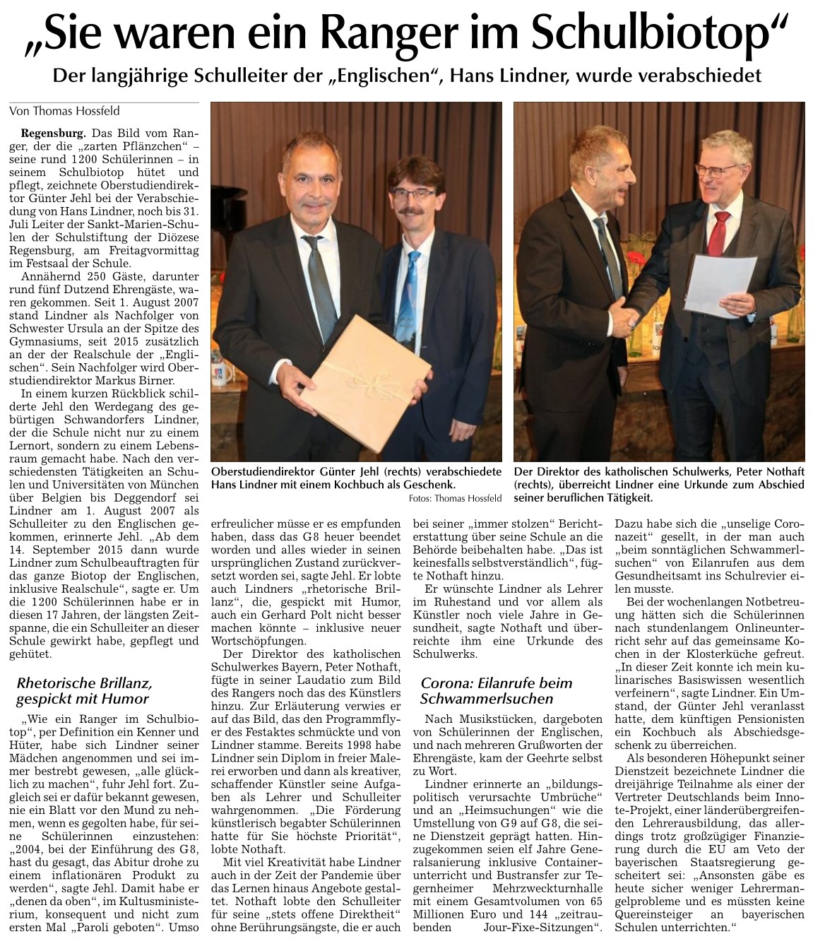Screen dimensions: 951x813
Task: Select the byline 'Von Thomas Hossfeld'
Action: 64,111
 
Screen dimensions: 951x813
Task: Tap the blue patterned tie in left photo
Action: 410,290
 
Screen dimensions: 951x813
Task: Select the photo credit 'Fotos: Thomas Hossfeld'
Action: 455,499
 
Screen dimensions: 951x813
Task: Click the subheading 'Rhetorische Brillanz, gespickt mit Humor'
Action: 83,691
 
